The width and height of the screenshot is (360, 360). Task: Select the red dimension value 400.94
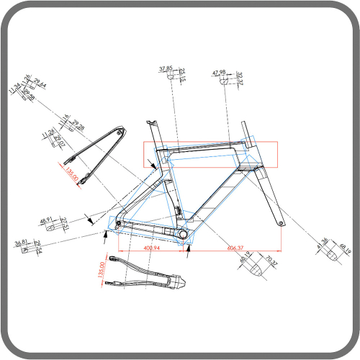point(152,248)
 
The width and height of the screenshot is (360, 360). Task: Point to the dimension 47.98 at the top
point(220,73)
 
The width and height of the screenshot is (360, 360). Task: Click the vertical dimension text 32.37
point(240,78)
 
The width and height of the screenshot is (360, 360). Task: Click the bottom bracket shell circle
point(181,235)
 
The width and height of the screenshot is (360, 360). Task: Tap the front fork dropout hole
point(279,225)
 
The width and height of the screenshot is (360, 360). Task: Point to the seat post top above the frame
point(153,124)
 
